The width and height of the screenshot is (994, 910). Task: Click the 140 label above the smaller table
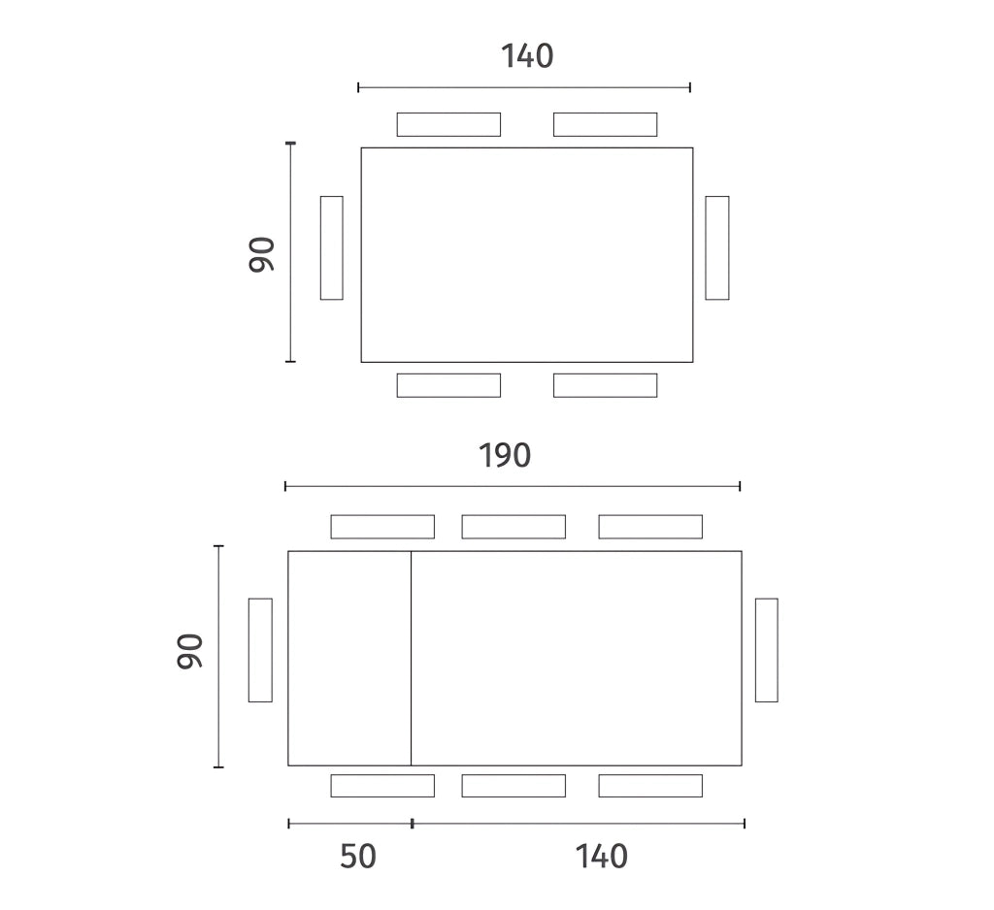click(x=527, y=56)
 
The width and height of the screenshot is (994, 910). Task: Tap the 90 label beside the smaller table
click(x=261, y=254)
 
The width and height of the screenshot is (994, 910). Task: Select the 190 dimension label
click(x=504, y=456)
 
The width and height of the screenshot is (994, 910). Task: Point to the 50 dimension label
click(x=358, y=856)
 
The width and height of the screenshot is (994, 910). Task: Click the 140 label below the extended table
click(x=601, y=856)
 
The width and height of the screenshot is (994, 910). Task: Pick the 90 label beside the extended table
click(x=189, y=651)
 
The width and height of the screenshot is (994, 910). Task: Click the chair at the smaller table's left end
click(x=332, y=247)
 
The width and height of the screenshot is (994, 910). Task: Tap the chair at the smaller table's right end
click(x=717, y=247)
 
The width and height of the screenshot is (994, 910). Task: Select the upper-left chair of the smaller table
click(x=448, y=124)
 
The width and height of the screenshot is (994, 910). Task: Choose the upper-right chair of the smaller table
click(x=606, y=124)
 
